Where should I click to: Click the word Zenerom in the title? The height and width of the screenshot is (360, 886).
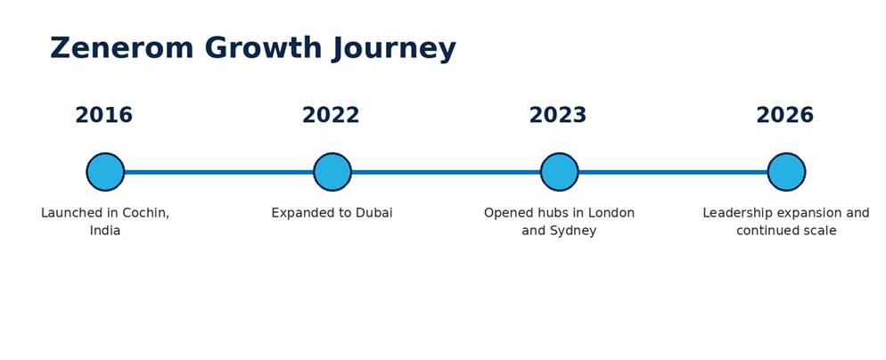(x=121, y=47)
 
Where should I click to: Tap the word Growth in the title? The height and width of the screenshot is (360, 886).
(x=263, y=47)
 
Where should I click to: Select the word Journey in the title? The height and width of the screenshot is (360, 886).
(x=393, y=49)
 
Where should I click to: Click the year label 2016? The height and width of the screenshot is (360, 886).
(x=104, y=115)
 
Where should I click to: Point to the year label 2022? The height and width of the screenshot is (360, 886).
(x=331, y=115)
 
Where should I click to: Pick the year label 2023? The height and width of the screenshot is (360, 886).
(x=558, y=115)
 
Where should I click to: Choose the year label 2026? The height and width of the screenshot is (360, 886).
(x=785, y=115)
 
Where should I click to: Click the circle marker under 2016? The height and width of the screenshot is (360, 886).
(x=105, y=172)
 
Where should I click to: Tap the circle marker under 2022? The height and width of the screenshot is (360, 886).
(x=332, y=172)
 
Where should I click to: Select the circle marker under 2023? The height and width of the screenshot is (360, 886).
(x=560, y=172)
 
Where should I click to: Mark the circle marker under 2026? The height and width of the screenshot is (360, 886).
(x=786, y=172)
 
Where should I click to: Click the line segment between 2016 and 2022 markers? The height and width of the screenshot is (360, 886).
(x=218, y=172)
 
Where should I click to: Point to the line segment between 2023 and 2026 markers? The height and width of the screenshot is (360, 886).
(x=673, y=172)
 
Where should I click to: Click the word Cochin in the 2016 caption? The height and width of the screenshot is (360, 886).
(x=146, y=213)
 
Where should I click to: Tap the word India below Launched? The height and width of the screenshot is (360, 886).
(x=105, y=231)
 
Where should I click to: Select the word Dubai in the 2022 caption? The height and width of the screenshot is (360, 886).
(x=373, y=213)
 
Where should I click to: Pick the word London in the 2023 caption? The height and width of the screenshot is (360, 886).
(x=611, y=213)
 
